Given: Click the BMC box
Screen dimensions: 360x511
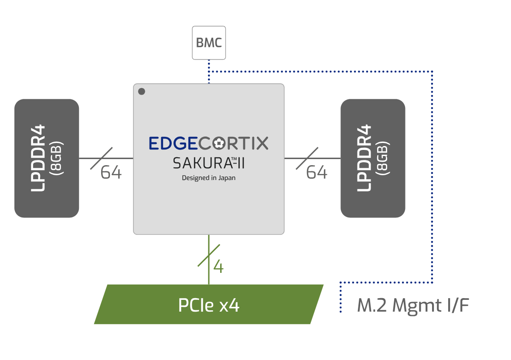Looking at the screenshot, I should point(209,43).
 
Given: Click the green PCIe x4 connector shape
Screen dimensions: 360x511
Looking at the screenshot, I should point(208,305).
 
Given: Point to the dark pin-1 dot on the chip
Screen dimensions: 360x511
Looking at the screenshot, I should point(141,92).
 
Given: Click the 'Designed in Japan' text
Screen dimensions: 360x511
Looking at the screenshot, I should point(208,178).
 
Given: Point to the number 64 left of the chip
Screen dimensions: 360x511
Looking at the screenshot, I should point(111,173).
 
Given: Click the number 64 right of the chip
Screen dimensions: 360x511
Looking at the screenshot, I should point(317,173).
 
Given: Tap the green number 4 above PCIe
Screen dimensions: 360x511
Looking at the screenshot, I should point(218,266).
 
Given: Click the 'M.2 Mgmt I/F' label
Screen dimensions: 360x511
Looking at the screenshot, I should point(413,306).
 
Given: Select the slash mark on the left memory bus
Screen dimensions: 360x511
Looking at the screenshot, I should point(101,158).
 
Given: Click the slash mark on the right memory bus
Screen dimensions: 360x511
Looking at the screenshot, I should point(307,158).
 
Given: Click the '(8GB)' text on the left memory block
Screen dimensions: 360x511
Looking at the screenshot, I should point(58,158).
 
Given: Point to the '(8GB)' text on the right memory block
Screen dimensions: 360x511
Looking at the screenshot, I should point(384,158).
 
